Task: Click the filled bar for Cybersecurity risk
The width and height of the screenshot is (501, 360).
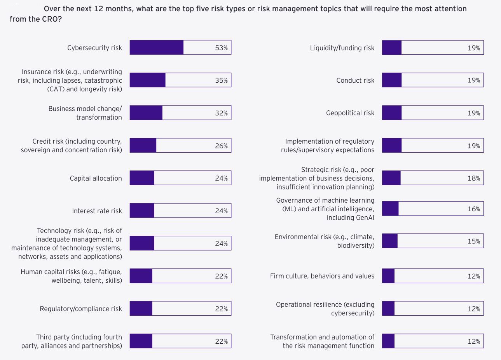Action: click(x=156, y=47)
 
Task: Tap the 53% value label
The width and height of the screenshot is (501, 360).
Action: click(x=221, y=48)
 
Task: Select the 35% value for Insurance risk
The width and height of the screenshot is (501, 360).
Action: click(x=221, y=80)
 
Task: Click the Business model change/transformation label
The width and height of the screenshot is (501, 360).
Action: click(x=85, y=113)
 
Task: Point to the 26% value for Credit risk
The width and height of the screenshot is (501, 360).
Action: click(x=221, y=146)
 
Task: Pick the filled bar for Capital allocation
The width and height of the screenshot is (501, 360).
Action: click(x=142, y=178)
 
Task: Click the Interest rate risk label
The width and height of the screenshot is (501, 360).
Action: click(x=97, y=211)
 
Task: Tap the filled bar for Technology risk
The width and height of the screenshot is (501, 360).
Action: click(x=142, y=243)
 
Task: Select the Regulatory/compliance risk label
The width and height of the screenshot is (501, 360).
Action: click(x=81, y=309)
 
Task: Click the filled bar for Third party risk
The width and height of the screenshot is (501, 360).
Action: click(x=141, y=341)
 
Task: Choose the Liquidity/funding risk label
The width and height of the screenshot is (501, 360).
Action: click(x=342, y=48)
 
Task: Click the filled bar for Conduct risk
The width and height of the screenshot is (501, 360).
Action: click(x=392, y=80)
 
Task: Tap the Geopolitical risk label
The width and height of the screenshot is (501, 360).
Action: click(x=350, y=113)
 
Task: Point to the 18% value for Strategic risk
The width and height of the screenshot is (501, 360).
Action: click(x=473, y=178)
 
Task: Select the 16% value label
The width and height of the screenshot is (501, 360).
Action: click(x=473, y=209)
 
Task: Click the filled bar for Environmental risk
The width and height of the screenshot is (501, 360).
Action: click(x=390, y=241)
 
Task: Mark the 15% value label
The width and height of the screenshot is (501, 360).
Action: click(x=473, y=241)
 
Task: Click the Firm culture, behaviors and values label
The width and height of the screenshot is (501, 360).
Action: click(x=322, y=276)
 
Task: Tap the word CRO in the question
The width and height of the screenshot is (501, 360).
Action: click(x=50, y=19)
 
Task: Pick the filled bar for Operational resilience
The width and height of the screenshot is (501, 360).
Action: click(x=388, y=309)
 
